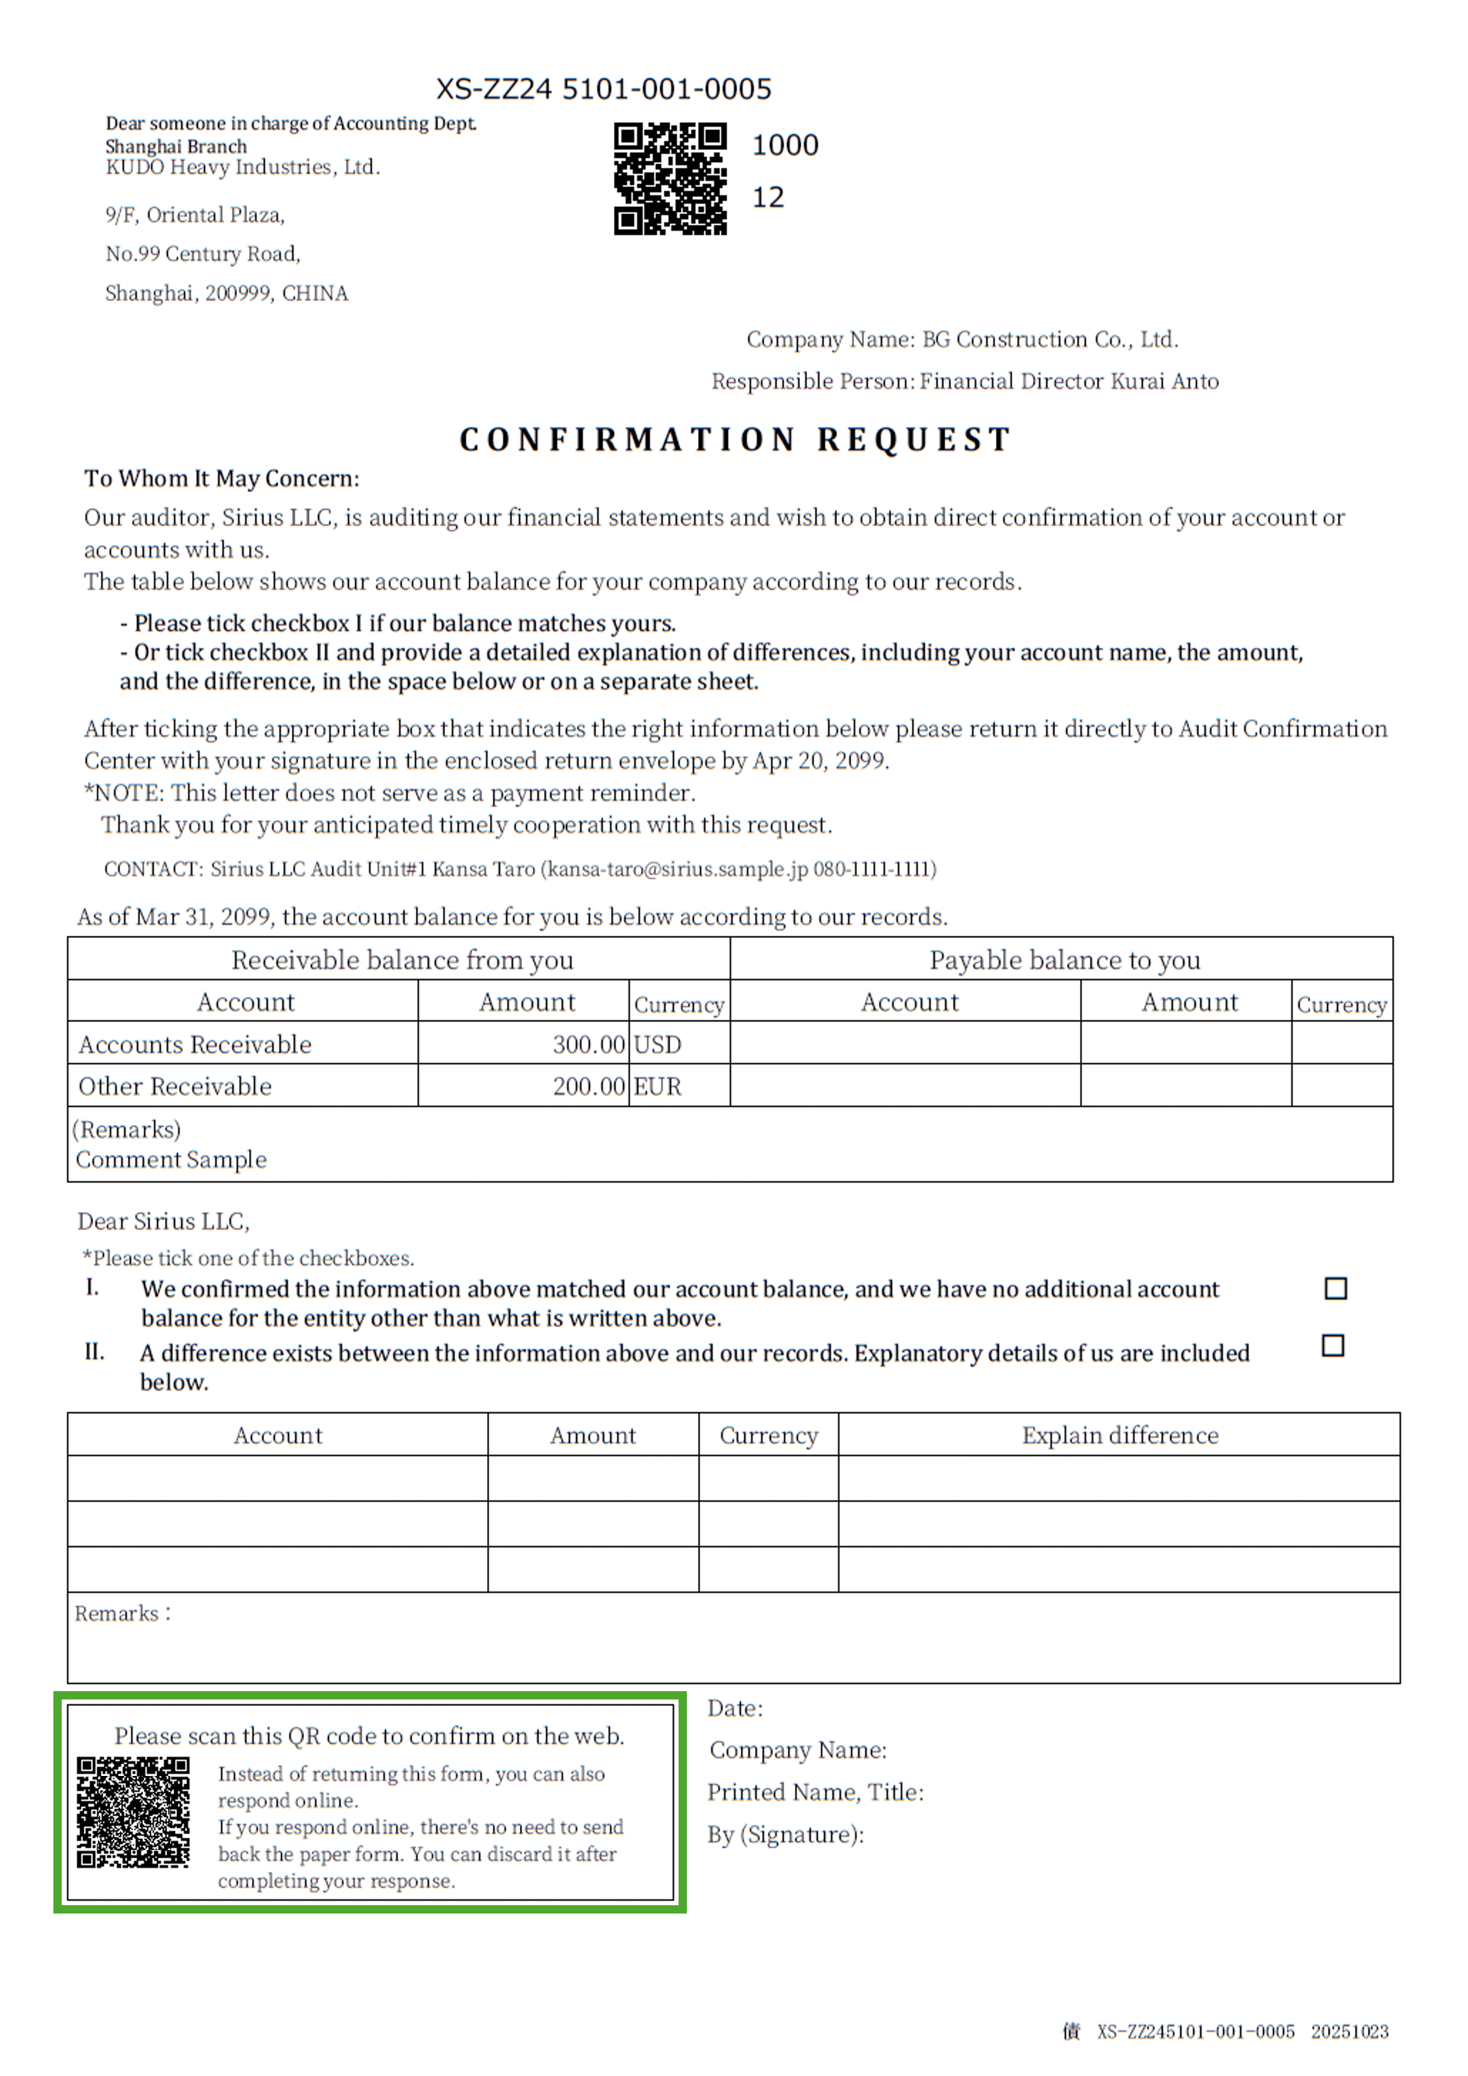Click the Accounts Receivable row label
pyautogui.click(x=195, y=1044)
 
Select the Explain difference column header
pyautogui.click(x=1120, y=1435)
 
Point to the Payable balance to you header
pyautogui.click(x=1065, y=959)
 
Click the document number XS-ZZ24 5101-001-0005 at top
pyautogui.click(x=603, y=88)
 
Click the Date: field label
pyautogui.click(x=734, y=1708)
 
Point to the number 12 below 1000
pyautogui.click(x=768, y=197)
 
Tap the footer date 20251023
pyautogui.click(x=1349, y=2032)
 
